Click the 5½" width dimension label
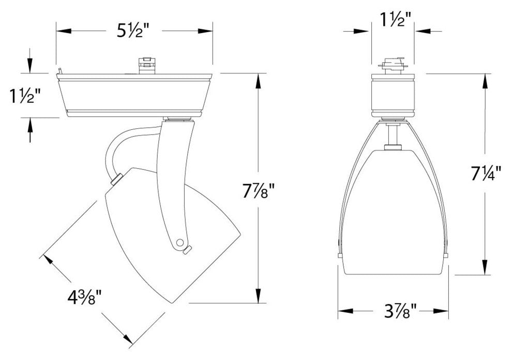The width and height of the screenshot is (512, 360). tap(128, 32)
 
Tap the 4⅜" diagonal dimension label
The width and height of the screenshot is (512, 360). tap(84, 299)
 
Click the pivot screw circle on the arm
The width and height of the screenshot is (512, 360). tap(180, 242)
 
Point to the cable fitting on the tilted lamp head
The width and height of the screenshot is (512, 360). tap(116, 179)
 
